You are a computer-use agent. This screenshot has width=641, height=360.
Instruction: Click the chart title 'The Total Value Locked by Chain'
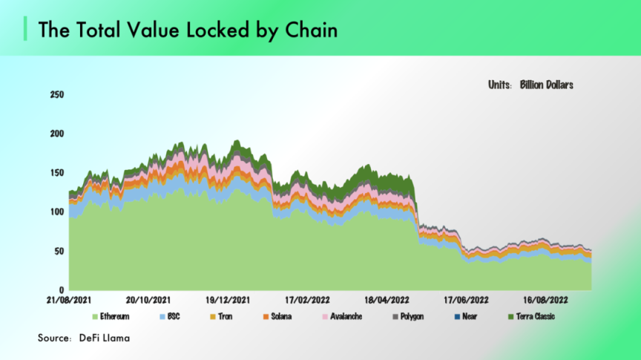187,30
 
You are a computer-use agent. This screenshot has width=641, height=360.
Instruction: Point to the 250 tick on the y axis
56,95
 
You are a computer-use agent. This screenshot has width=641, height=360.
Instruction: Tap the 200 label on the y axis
56,134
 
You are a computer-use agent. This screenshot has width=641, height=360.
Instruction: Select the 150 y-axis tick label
56,173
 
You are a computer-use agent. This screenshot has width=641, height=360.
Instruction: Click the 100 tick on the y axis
56,212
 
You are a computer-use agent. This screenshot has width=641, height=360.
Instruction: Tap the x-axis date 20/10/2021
148,301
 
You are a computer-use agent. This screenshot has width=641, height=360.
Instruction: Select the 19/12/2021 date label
229,301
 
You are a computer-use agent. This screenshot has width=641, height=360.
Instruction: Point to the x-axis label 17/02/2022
309,301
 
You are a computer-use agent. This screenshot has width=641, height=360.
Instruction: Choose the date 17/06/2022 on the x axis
467,301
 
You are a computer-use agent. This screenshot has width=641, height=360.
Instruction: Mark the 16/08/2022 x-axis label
547,301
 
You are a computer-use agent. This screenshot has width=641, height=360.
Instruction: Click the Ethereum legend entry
114,317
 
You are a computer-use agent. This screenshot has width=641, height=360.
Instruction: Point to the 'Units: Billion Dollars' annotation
530,85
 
